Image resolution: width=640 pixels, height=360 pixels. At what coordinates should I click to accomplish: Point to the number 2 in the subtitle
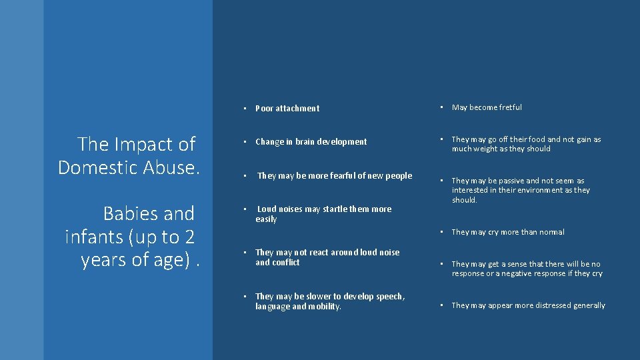[189, 237]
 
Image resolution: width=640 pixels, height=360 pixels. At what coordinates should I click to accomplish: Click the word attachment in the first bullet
[297, 109]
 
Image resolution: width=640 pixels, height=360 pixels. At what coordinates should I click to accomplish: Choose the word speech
[390, 297]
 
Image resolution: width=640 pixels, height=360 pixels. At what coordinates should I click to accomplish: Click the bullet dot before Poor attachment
[245, 109]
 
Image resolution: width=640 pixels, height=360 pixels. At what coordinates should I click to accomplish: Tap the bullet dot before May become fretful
[441, 107]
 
